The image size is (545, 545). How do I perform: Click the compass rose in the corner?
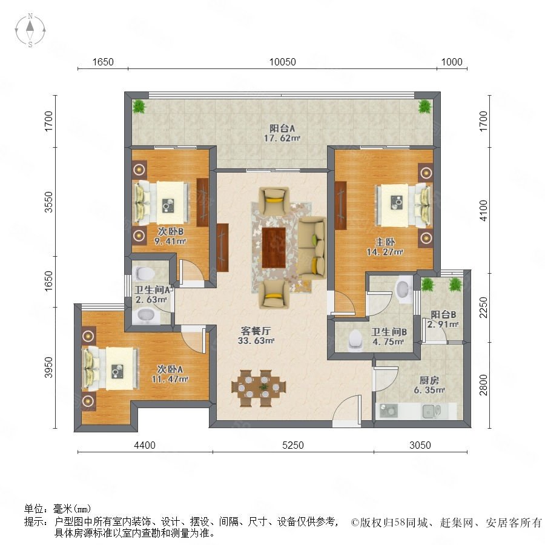pyautogui.click(x=30, y=30)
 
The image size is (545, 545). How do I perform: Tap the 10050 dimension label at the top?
pyautogui.click(x=283, y=62)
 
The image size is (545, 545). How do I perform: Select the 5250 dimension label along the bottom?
pyautogui.click(x=293, y=445)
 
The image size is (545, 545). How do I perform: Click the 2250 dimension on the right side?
pyautogui.click(x=483, y=307)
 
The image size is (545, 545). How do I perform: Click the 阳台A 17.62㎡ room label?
pyautogui.click(x=282, y=133)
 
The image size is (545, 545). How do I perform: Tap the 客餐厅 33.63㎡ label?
pyautogui.click(x=256, y=335)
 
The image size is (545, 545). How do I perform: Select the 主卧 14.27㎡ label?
pyautogui.click(x=385, y=247)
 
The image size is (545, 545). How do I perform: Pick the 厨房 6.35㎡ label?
pyautogui.click(x=429, y=385)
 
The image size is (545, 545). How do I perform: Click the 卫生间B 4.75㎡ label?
pyautogui.click(x=389, y=337)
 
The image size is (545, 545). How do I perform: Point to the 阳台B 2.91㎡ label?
pyautogui.click(x=443, y=319)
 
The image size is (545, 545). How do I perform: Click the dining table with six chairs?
pyautogui.click(x=259, y=388)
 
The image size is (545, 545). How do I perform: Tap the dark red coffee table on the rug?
pyautogui.click(x=274, y=248)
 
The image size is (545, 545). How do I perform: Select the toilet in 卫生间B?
pyautogui.click(x=355, y=339)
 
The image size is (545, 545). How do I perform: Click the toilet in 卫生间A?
pyautogui.click(x=144, y=273)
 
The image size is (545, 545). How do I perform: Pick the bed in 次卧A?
pyautogui.click(x=111, y=368)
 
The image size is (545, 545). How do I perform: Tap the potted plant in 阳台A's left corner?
pyautogui.click(x=139, y=106)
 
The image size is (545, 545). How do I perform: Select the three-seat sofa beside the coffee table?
pyautogui.click(x=312, y=248)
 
